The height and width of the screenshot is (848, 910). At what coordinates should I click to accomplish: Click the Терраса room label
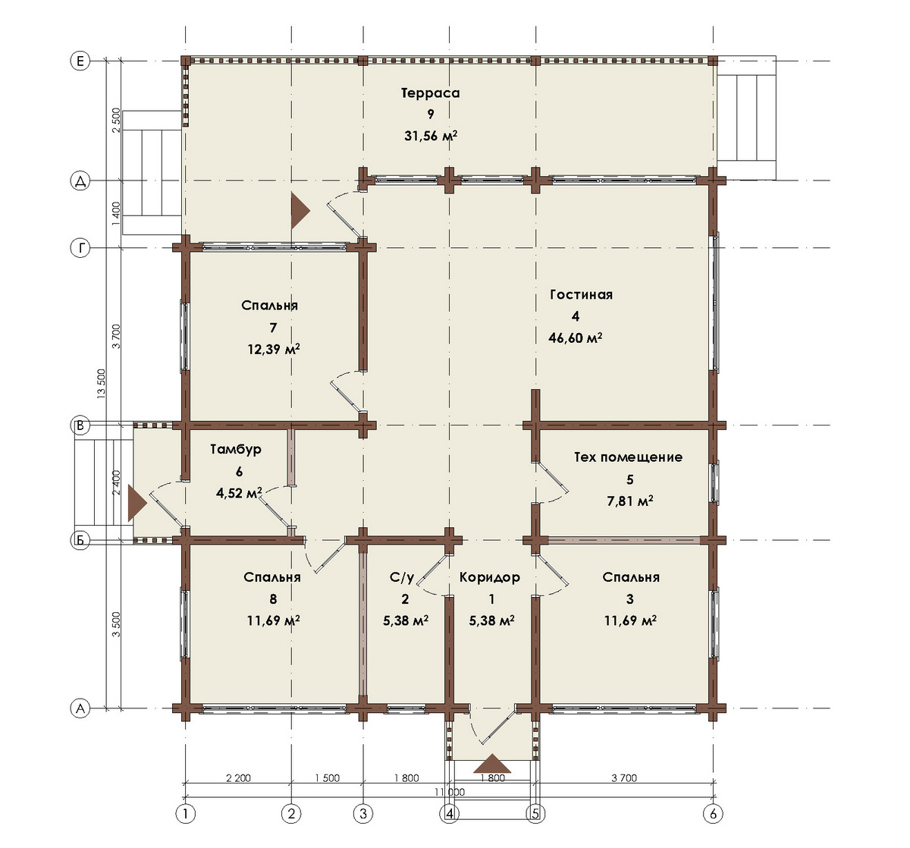[x=430, y=93]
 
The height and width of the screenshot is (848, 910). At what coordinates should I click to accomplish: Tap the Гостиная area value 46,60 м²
[x=575, y=338]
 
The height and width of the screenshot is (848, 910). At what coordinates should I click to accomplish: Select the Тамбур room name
[x=236, y=449]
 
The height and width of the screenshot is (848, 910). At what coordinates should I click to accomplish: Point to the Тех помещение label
[x=628, y=457]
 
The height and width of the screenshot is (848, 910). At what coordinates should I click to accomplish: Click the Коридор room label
[x=489, y=577]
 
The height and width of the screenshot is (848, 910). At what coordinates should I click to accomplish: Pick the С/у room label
[x=402, y=577]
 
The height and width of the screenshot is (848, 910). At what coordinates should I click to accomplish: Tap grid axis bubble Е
[x=80, y=61]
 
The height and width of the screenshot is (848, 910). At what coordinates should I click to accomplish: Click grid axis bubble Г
[x=80, y=248]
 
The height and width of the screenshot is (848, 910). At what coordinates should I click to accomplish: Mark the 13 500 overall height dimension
[x=102, y=383]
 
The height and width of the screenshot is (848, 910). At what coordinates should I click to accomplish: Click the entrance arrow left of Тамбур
[x=137, y=503]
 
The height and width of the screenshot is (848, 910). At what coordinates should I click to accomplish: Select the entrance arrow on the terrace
[x=300, y=211]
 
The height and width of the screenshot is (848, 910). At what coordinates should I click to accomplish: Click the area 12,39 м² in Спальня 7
[x=274, y=350]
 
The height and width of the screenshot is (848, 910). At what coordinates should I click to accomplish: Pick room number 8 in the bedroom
[x=273, y=598]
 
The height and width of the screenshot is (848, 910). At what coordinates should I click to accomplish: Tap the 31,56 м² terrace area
[x=431, y=136]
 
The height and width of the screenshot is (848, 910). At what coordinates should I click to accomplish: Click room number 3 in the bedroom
[x=630, y=598]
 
